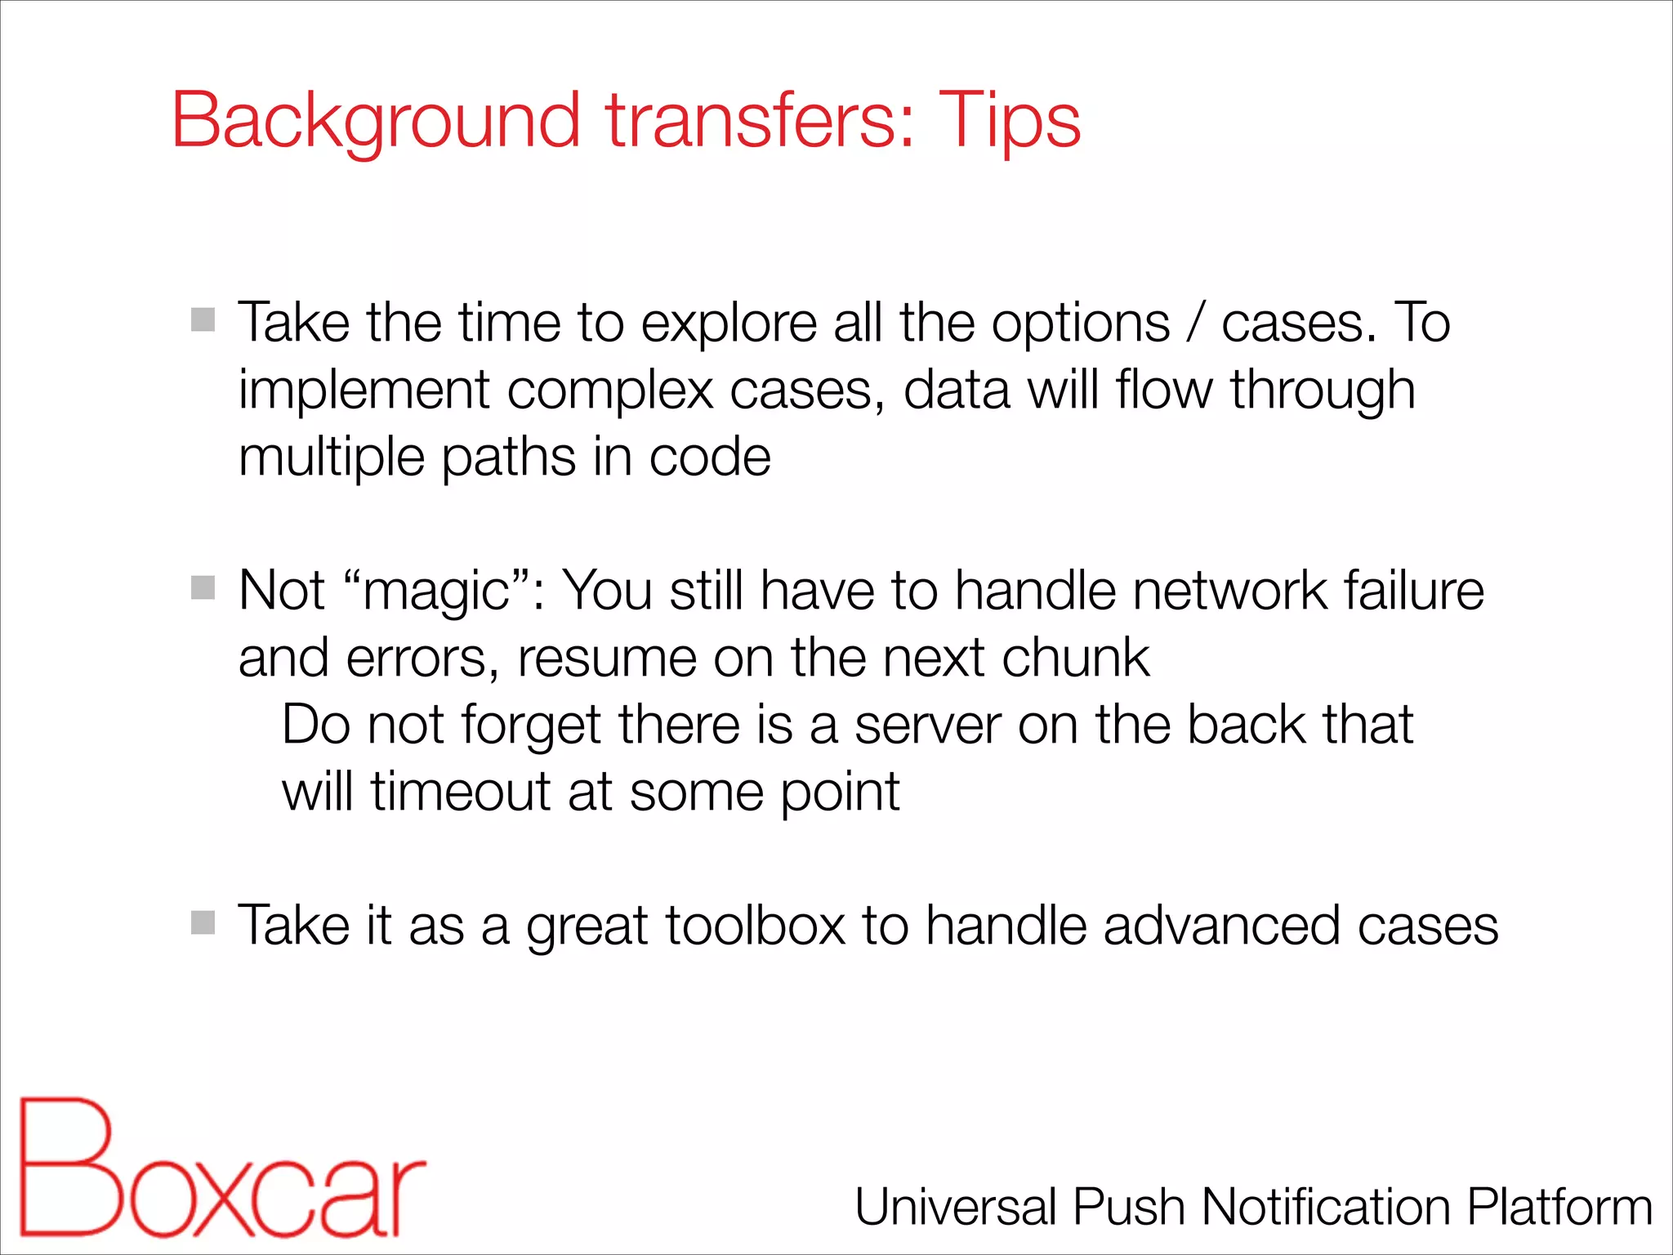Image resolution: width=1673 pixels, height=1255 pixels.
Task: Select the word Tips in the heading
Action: click(x=1010, y=121)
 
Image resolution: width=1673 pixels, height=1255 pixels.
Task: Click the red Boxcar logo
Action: click(x=221, y=1168)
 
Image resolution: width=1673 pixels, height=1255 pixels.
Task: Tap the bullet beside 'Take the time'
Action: click(x=203, y=319)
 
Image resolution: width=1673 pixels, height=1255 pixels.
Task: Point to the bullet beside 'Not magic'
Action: click(x=203, y=587)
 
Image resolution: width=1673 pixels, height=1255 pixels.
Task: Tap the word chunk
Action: click(x=1076, y=658)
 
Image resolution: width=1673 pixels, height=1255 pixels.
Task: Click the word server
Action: click(x=927, y=726)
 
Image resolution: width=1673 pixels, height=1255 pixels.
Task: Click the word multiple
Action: click(x=331, y=458)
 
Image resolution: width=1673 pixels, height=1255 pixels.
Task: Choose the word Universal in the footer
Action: click(x=956, y=1207)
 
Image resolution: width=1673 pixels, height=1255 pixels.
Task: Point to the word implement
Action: click(x=364, y=391)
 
